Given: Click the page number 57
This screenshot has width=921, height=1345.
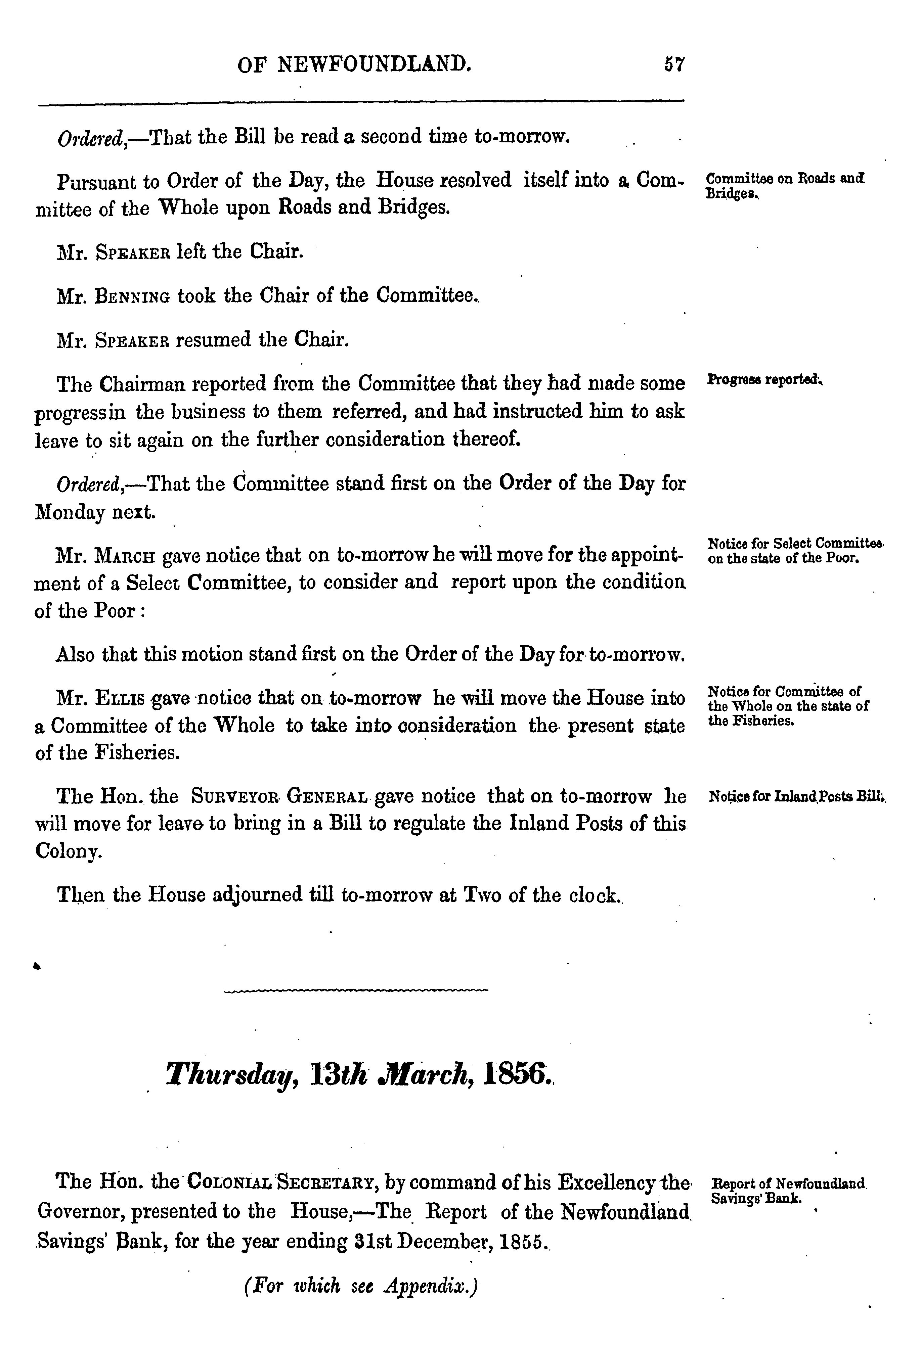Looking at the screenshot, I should coord(674,64).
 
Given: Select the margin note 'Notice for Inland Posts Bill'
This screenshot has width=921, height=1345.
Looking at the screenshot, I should coord(796,797).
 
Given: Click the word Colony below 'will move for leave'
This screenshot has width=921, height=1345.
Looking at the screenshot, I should coord(68,851).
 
